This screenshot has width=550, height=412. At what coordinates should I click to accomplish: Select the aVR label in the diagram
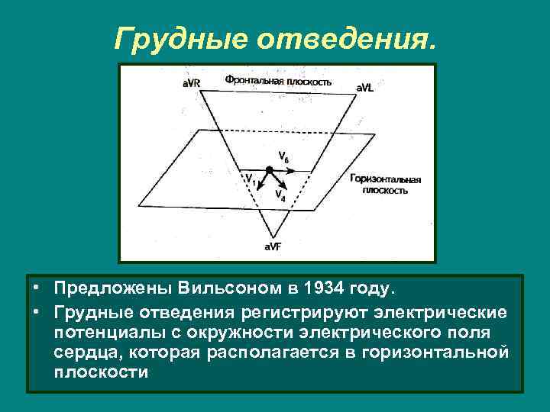(191, 82)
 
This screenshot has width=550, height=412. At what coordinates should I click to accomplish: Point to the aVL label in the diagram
(366, 88)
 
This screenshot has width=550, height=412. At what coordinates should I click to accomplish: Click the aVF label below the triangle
(273, 246)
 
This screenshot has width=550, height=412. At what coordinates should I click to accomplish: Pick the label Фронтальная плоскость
(278, 79)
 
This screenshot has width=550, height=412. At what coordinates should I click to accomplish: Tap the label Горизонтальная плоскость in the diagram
(386, 184)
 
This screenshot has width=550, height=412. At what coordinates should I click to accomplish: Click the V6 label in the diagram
(283, 158)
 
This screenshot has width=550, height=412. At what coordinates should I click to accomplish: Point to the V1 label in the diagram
(249, 178)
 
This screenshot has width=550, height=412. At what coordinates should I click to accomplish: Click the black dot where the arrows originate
(269, 169)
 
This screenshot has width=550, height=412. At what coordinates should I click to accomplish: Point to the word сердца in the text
(87, 352)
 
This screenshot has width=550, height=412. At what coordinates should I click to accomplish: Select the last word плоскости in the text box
(100, 373)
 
